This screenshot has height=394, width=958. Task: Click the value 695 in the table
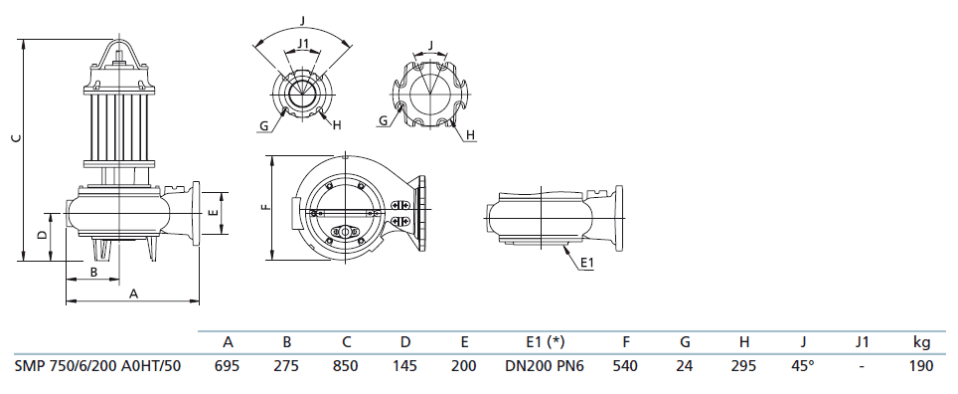[228, 366]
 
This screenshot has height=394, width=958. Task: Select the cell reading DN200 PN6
[545, 366]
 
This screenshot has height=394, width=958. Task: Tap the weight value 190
[921, 366]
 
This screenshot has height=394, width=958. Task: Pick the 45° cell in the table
[803, 366]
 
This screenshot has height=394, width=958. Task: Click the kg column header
[921, 342]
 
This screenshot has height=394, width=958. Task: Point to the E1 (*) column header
[545, 342]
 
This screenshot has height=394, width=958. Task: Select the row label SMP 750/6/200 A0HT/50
[97, 366]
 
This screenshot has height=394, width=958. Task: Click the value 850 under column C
[346, 366]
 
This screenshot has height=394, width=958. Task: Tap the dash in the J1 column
[862, 366]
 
